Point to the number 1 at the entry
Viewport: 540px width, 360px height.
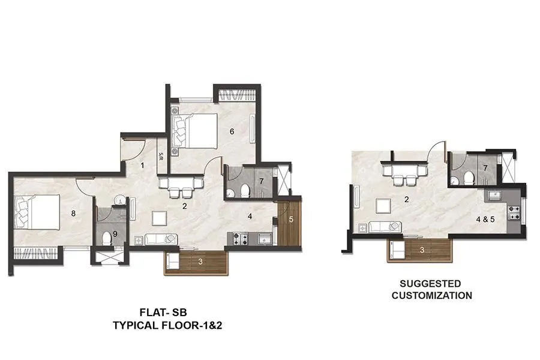click(142, 165)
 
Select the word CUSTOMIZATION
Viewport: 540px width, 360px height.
click(431, 295)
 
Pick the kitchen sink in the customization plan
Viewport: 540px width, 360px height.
click(496, 195)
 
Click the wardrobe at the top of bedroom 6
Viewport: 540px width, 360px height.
click(238, 94)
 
